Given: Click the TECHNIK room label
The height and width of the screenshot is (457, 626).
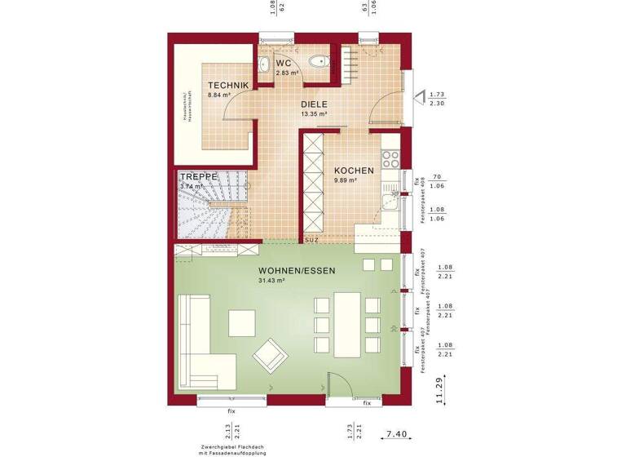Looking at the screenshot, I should click(x=227, y=85).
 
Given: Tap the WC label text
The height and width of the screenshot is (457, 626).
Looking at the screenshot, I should click(x=283, y=63).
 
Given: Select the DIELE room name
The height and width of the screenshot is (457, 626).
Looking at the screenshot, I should click(x=314, y=104).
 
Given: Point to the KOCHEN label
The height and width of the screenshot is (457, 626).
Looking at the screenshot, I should click(x=354, y=171).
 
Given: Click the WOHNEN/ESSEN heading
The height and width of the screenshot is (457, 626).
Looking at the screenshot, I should click(x=297, y=270).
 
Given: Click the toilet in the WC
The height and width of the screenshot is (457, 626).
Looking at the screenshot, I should click(x=320, y=61).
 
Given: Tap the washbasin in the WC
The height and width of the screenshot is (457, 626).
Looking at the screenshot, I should click(x=262, y=65).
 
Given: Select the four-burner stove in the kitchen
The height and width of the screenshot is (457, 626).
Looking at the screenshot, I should click(x=390, y=160).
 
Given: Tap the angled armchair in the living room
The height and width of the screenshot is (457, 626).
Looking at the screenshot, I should click(x=271, y=356).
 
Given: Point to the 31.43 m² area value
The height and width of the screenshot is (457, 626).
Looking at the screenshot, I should click(x=271, y=281).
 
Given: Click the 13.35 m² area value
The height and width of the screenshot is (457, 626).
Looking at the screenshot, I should click(x=313, y=115).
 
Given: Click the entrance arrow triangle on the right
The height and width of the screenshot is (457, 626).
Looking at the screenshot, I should click(x=421, y=99).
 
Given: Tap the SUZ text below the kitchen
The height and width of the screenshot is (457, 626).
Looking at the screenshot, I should click(x=311, y=240).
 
